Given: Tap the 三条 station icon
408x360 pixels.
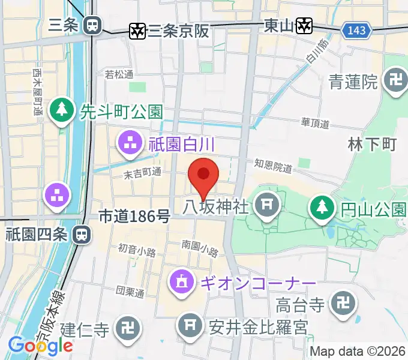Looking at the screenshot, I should pos(92,25).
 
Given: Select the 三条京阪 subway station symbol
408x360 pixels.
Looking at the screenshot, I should pos(137,30).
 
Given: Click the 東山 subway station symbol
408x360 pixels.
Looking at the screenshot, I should pos(305,25).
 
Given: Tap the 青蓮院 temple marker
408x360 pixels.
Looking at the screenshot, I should pos(395,81).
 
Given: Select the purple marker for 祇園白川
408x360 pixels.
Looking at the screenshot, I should pos(128,143).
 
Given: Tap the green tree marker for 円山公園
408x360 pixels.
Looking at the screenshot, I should pos(322,208).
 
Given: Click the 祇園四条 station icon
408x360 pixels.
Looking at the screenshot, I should pos(80,234).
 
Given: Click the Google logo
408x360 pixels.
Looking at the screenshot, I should pos(40,345).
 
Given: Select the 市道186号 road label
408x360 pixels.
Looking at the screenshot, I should pos(134,217).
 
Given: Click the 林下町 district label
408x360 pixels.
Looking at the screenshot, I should pos(372,144).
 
